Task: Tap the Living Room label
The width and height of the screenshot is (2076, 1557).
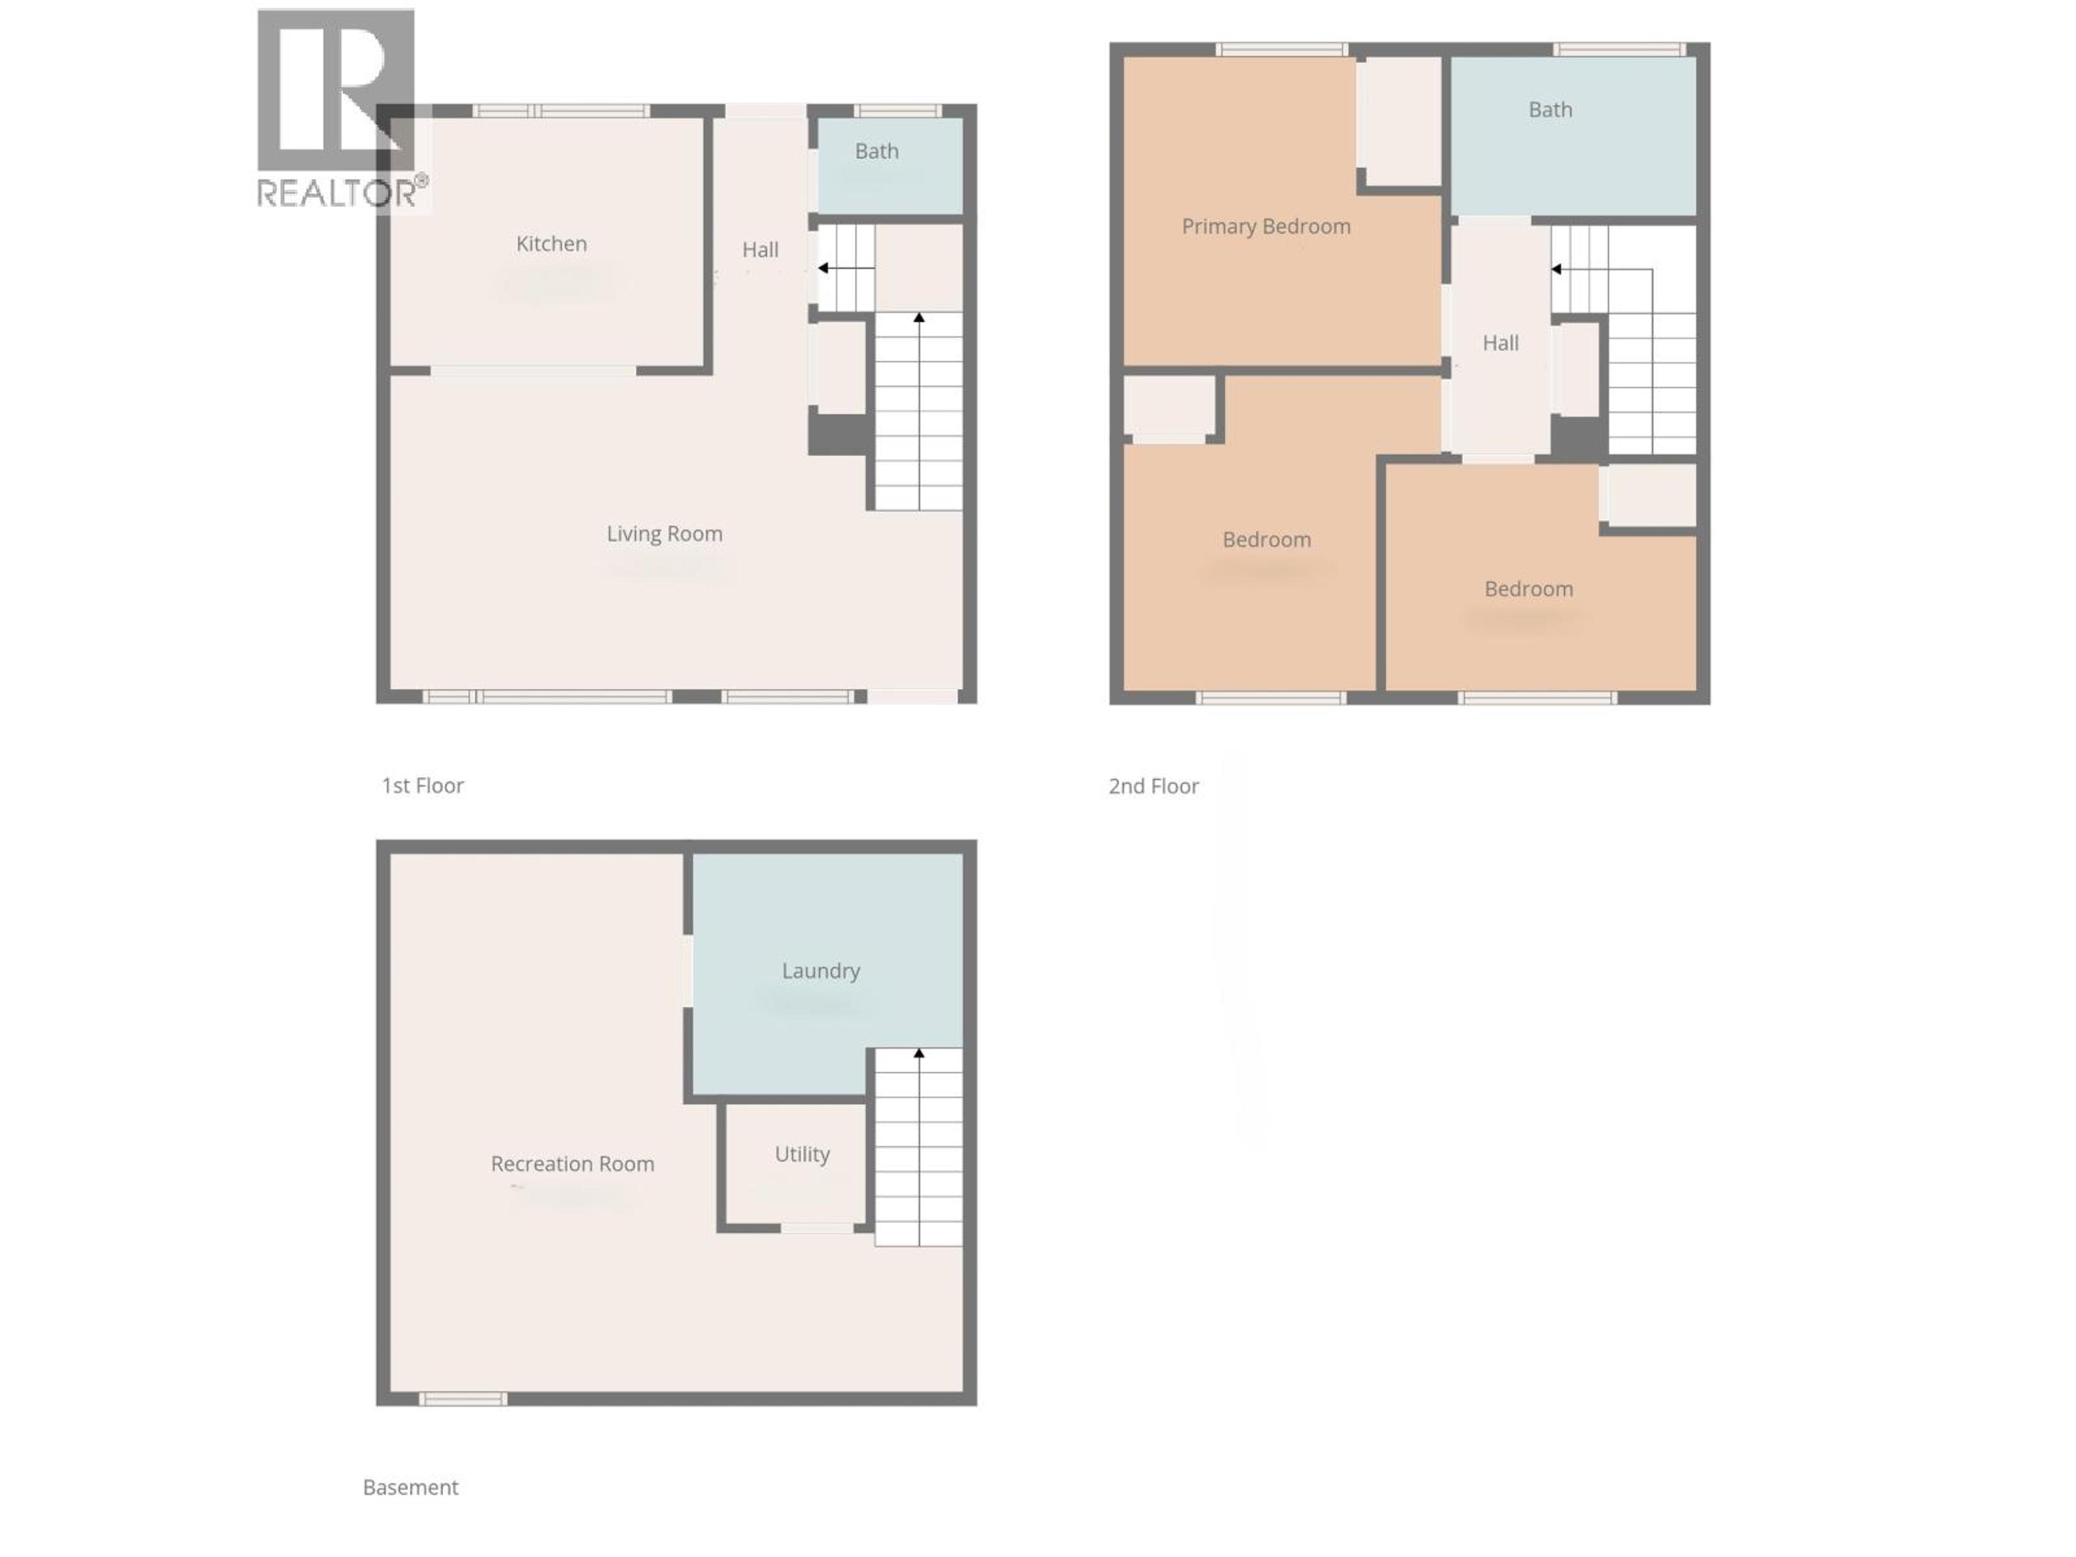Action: (x=664, y=534)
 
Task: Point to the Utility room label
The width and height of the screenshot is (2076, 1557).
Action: (x=802, y=1154)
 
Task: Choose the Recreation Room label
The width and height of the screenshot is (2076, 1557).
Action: (x=573, y=1164)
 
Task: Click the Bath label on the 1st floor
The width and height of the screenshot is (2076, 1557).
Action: (x=876, y=151)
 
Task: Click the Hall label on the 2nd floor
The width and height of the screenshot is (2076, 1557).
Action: (x=1500, y=343)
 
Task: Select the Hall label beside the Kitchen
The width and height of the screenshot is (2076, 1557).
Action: (x=760, y=250)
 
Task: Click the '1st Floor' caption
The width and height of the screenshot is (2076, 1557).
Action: (x=422, y=786)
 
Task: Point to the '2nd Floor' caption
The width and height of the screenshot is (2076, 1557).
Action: (x=1154, y=787)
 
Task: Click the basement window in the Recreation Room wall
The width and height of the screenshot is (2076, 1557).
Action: (x=463, y=1399)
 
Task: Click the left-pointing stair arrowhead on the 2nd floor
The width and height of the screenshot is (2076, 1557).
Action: (x=1556, y=269)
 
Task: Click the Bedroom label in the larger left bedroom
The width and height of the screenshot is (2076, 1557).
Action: (x=1266, y=540)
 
